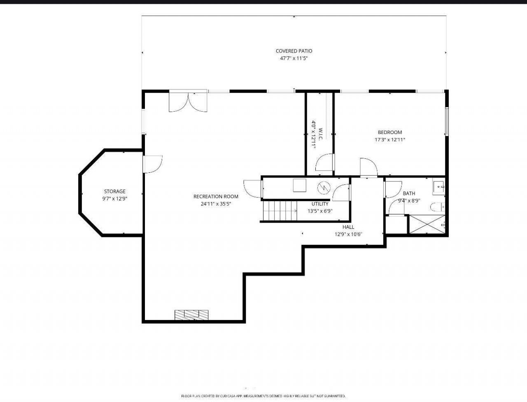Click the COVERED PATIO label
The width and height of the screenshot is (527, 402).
pos(294,51)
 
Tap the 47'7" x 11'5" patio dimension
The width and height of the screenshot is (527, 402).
pos(294,58)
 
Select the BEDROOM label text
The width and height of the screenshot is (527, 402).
pos(390,132)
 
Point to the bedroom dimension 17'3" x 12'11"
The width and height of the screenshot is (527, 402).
pos(390,140)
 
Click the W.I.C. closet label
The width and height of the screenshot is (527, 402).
pos(320,134)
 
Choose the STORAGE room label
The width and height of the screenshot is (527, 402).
pos(115,191)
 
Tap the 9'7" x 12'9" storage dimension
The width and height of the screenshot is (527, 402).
pos(115,199)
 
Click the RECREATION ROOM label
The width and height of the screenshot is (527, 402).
pos(216,196)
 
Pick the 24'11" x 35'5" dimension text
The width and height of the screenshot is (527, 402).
pos(216,204)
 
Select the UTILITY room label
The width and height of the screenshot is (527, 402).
pos(320,204)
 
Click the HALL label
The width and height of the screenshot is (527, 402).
pos(348,227)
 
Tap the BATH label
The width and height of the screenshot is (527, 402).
pos(409,193)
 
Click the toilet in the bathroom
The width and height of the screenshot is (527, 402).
pos(437,207)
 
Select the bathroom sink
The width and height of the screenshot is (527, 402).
pos(438,186)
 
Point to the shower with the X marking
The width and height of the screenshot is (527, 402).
pos(427,224)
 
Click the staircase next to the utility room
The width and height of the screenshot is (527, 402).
pos(280,211)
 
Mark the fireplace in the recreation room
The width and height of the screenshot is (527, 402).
pos(191,315)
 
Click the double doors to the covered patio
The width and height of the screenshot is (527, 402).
pos(188,101)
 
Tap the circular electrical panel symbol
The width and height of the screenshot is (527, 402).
pos(324,188)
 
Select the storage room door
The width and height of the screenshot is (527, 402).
pos(152,164)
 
